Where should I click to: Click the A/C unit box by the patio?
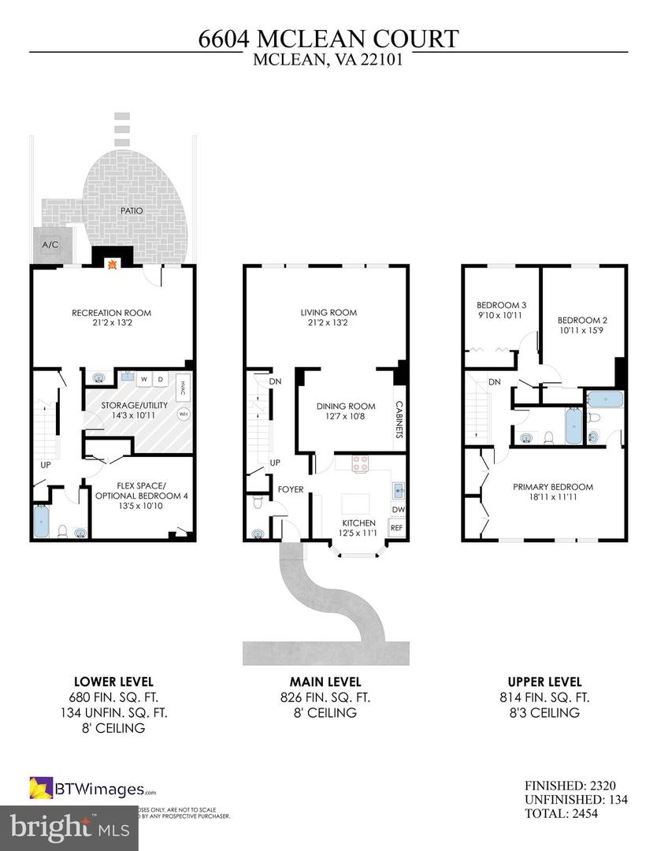[x=50, y=245]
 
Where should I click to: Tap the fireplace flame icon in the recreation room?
[x=112, y=266]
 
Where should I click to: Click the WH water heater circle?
[x=184, y=413]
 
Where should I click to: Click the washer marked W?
[x=144, y=379]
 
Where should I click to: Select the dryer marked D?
[x=161, y=379]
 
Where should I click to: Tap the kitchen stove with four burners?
[x=361, y=464]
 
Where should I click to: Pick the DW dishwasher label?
[x=398, y=510]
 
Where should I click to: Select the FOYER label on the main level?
[x=291, y=489]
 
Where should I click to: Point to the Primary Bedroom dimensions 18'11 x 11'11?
[x=552, y=498]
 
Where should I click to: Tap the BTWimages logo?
[x=93, y=787]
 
